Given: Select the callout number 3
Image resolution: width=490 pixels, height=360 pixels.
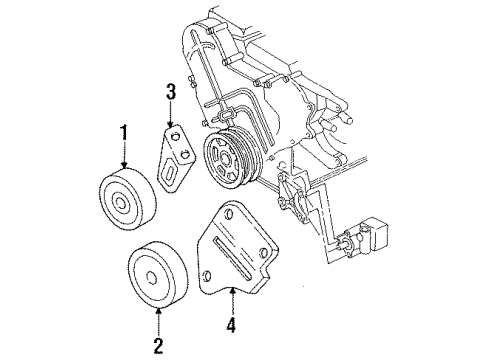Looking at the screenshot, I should (x=170, y=95).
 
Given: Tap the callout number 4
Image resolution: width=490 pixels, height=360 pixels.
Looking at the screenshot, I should (x=231, y=325).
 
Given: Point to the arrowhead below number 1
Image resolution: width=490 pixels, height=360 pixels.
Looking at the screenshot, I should (x=124, y=165).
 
